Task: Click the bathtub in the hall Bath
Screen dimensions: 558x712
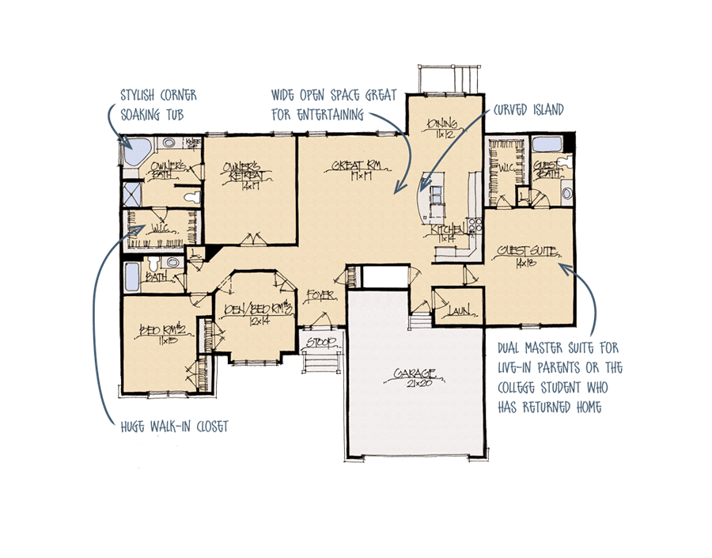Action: (133, 278)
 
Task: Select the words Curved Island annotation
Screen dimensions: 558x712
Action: (529, 110)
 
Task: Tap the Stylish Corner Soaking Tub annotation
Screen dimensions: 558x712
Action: (158, 104)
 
